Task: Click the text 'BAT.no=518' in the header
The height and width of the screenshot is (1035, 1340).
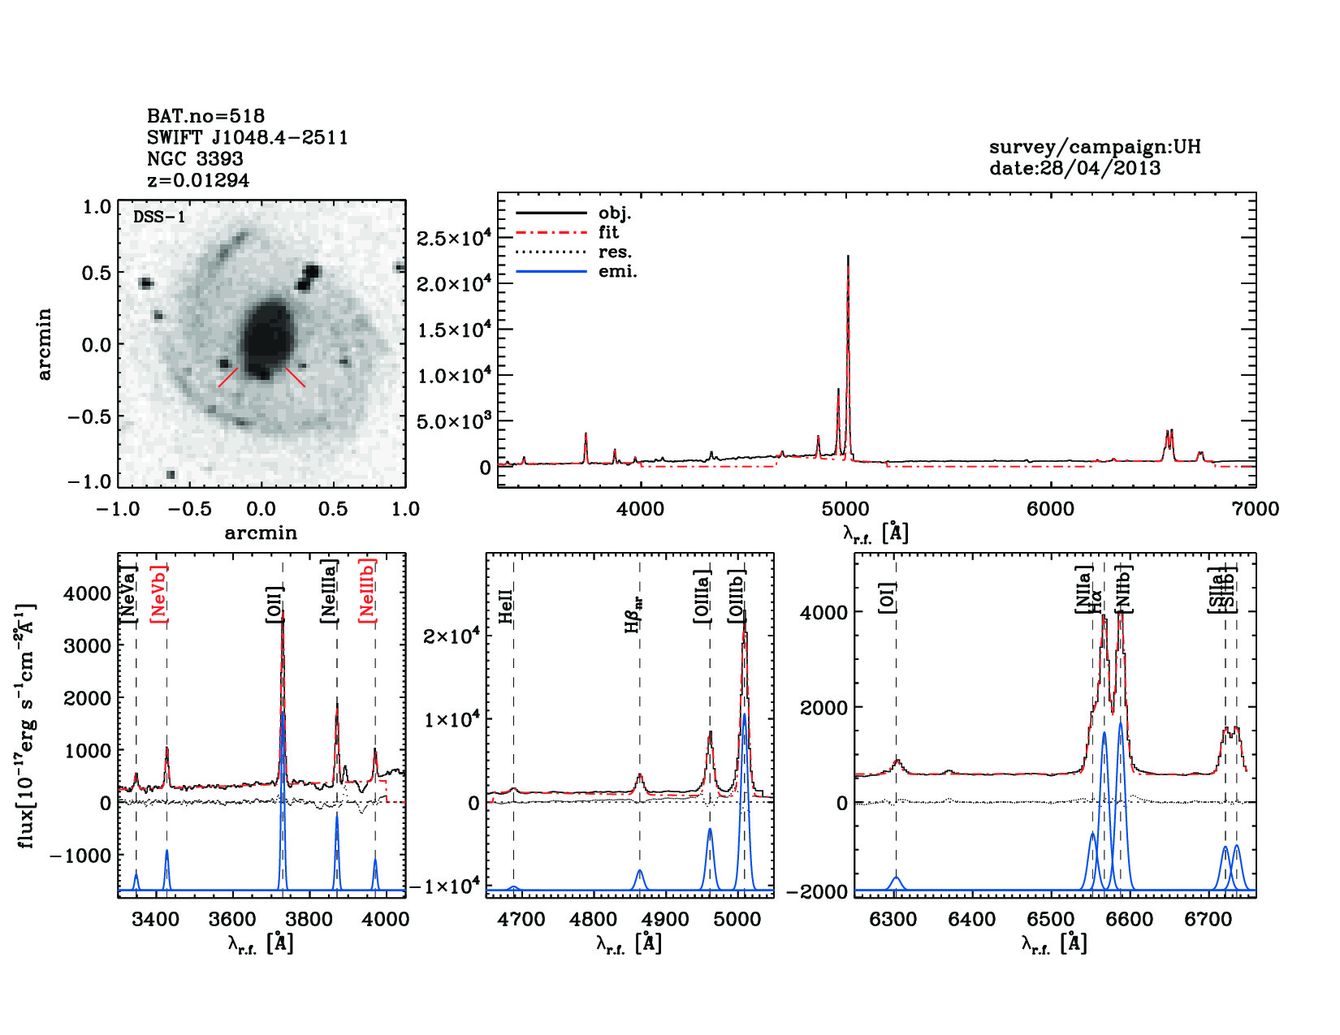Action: (205, 116)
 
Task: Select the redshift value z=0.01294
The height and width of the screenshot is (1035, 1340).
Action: (198, 180)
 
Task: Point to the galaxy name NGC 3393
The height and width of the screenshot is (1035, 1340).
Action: (195, 159)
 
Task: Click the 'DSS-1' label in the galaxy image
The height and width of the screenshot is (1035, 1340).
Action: (159, 217)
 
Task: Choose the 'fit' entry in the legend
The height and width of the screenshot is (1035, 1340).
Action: (608, 232)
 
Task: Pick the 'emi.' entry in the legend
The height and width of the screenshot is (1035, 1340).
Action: (617, 271)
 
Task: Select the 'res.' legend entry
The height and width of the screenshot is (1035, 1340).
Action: (615, 252)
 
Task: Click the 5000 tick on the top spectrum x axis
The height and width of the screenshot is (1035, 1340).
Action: (846, 509)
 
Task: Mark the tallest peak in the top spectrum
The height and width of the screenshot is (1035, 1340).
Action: (848, 258)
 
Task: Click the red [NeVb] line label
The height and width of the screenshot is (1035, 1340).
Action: (159, 594)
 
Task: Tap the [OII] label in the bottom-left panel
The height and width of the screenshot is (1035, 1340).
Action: (275, 604)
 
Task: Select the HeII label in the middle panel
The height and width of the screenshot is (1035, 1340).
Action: (506, 607)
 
